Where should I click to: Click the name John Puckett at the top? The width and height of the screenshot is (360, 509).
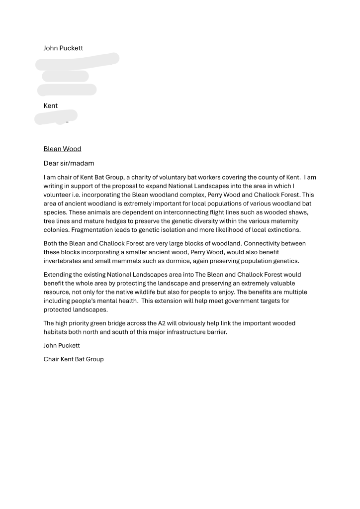[63, 48]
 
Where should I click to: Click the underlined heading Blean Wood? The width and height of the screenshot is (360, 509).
[62, 149]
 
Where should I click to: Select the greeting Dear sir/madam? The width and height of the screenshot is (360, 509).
[69, 163]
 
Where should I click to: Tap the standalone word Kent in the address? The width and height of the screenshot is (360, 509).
[51, 105]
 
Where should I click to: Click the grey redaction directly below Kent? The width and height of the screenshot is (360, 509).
[56, 117]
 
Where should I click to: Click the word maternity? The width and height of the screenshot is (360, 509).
[283, 221]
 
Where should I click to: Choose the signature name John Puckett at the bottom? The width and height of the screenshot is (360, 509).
[62, 345]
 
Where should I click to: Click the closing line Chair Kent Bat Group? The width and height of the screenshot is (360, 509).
[74, 359]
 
